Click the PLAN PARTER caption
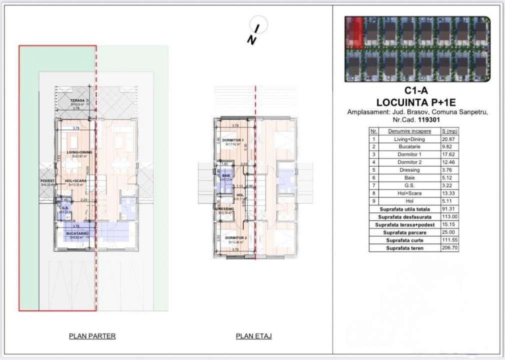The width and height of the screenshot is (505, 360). [x=92, y=336]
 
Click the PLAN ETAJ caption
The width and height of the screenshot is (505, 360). [x=253, y=336]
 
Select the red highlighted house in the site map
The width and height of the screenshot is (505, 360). [x=354, y=31]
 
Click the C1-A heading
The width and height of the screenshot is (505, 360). [x=417, y=92]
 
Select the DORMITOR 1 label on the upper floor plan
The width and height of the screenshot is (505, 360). [x=232, y=140]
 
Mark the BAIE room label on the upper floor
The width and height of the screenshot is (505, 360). [x=226, y=176]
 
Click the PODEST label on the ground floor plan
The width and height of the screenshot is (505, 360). [x=47, y=181]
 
